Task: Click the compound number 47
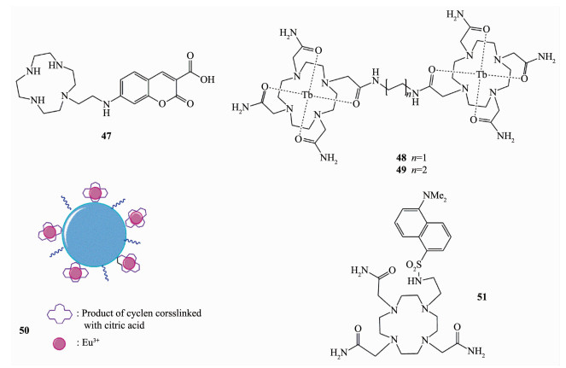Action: click(x=106, y=136)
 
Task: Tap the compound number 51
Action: click(x=481, y=297)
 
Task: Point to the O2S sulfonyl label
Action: click(x=414, y=266)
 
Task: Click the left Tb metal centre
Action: click(x=306, y=96)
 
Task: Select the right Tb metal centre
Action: click(x=481, y=75)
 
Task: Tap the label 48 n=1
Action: click(x=411, y=158)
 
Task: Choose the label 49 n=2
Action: click(x=411, y=170)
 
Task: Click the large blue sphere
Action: click(x=94, y=235)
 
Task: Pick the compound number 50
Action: click(x=24, y=330)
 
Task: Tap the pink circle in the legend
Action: click(x=58, y=343)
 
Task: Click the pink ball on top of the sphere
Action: click(x=96, y=193)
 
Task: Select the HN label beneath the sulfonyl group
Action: click(x=414, y=280)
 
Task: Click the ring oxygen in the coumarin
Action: click(x=162, y=104)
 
